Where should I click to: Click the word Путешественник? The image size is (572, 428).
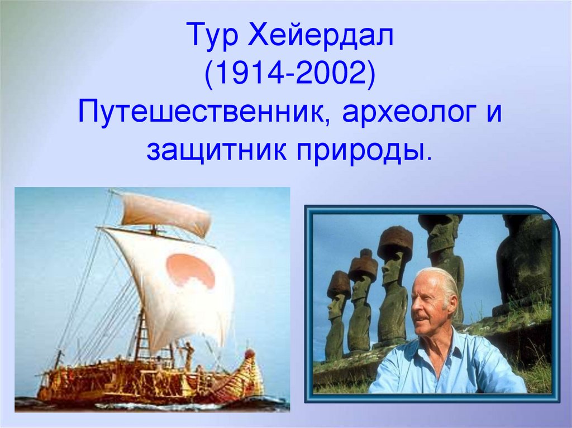[202, 113]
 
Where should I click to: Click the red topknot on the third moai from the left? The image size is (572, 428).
[395, 242]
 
